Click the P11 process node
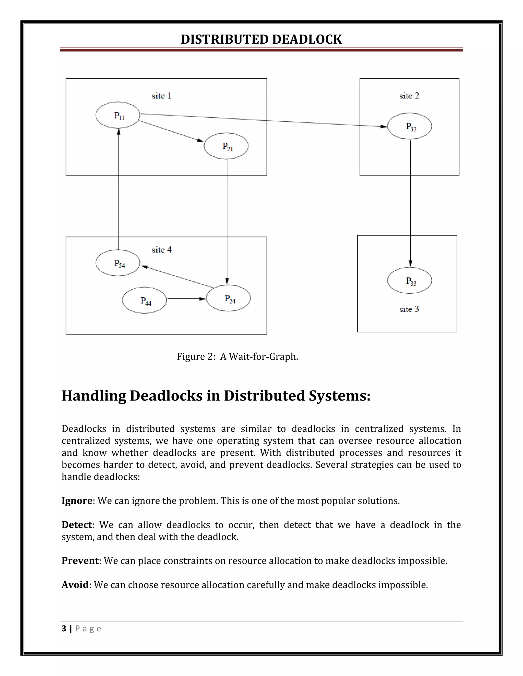pyautogui.click(x=118, y=115)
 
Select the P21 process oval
pyautogui.click(x=226, y=146)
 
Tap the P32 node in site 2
pyautogui.click(x=410, y=126)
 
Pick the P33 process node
pyautogui.click(x=410, y=280)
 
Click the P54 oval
pyautogui.click(x=118, y=263)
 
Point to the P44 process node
pyautogui.click(x=144, y=300)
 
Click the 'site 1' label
pyautogui.click(x=161, y=96)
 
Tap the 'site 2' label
pyautogui.click(x=409, y=96)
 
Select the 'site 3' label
pyautogui.click(x=409, y=309)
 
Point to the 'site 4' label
pyautogui.click(x=161, y=250)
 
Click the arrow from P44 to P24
pyautogui.click(x=186, y=299)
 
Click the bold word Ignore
pyautogui.click(x=77, y=500)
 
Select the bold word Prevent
pyautogui.click(x=80, y=560)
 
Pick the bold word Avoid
pyautogui.click(x=75, y=585)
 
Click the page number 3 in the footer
pyautogui.click(x=64, y=629)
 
